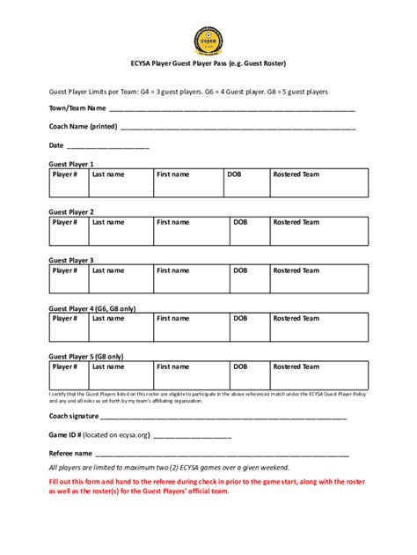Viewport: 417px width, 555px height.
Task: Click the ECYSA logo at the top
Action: tap(208, 40)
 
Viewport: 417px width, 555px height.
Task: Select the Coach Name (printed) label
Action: tap(83, 126)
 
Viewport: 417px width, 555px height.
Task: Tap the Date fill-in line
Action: tap(107, 146)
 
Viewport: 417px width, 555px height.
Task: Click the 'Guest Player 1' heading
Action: tap(71, 164)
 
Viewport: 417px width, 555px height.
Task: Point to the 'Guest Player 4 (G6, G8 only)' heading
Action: tap(92, 308)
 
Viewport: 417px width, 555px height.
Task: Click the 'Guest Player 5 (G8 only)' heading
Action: tap(86, 356)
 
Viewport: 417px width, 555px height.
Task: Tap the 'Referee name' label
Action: tap(70, 453)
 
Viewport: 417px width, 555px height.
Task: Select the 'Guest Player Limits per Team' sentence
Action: tap(188, 91)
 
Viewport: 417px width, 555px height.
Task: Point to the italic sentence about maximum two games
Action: tap(168, 468)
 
